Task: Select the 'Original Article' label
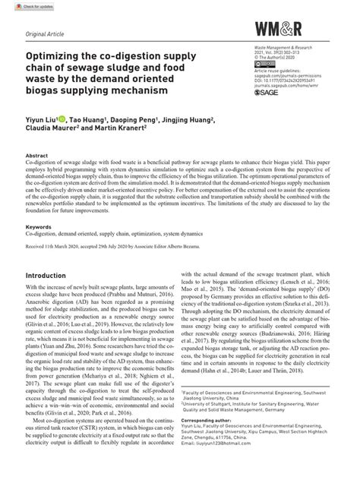(45, 36)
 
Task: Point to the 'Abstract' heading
(38, 155)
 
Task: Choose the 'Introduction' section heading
(51, 275)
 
